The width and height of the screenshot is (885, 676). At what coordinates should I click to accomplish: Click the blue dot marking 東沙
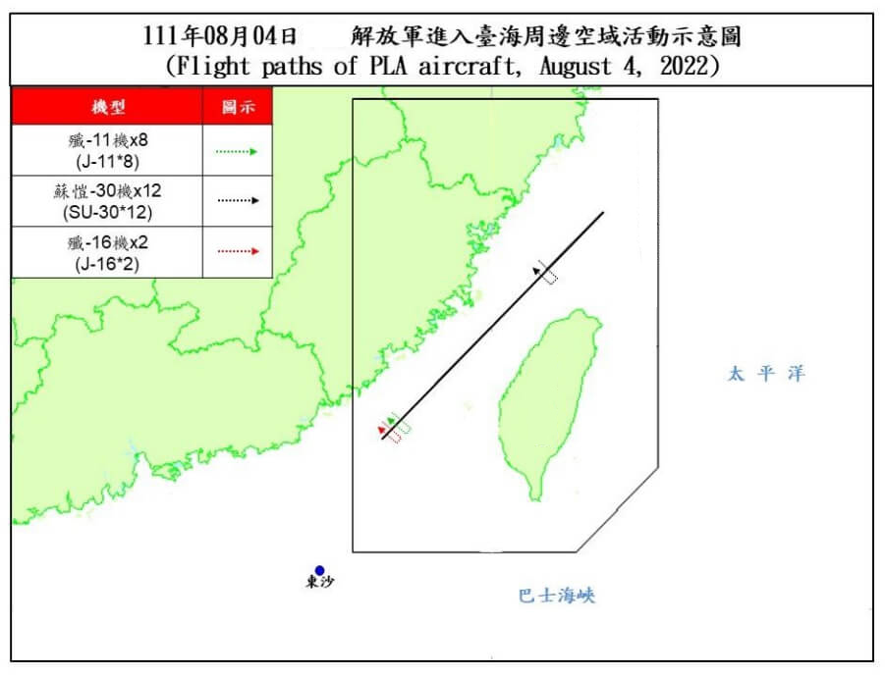(319, 570)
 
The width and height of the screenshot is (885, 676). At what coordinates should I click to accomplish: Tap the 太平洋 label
(765, 374)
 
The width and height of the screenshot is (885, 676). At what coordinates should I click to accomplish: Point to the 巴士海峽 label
(557, 596)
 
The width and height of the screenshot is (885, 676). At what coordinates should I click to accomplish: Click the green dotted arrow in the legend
(237, 152)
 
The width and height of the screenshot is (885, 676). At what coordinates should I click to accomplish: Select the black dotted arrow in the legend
(237, 200)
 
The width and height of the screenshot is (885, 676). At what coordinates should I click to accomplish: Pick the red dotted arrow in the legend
(237, 251)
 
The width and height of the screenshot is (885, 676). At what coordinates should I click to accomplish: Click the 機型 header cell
(107, 106)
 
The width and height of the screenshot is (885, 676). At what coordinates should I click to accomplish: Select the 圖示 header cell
(237, 106)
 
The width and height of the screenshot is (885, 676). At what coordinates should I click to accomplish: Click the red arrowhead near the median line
(380, 430)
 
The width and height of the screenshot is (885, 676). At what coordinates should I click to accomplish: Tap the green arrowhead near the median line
(391, 422)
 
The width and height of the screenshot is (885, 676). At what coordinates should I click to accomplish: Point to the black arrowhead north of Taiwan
(538, 268)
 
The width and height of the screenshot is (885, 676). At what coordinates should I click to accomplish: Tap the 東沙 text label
(319, 583)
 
